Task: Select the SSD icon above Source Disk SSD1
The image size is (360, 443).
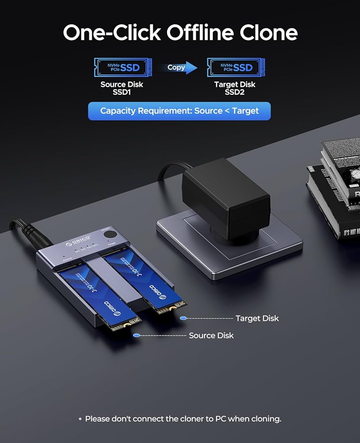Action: click(122, 67)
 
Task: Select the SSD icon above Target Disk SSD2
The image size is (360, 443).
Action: click(235, 67)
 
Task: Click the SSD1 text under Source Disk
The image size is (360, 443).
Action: click(122, 93)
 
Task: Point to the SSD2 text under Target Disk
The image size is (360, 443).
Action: click(235, 93)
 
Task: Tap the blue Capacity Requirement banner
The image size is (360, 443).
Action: click(179, 111)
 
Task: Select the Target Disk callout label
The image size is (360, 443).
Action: click(257, 319)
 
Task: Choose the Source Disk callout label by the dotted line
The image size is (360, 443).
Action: click(211, 335)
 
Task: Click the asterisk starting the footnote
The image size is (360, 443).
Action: click(80, 419)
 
